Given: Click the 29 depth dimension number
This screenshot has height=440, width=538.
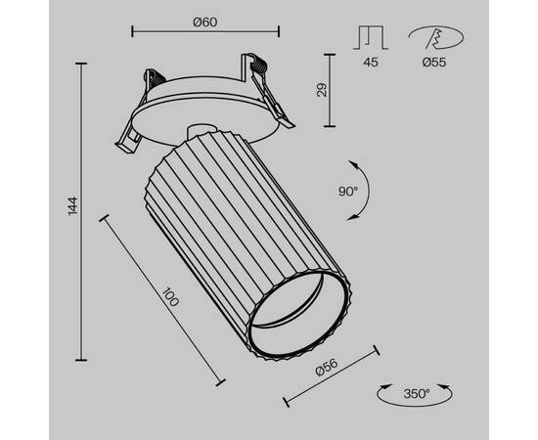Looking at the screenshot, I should pos(322,90).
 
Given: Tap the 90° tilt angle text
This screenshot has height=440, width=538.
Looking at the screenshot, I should pos(348,192).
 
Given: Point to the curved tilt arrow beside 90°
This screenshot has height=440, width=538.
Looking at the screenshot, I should pos(363,190).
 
